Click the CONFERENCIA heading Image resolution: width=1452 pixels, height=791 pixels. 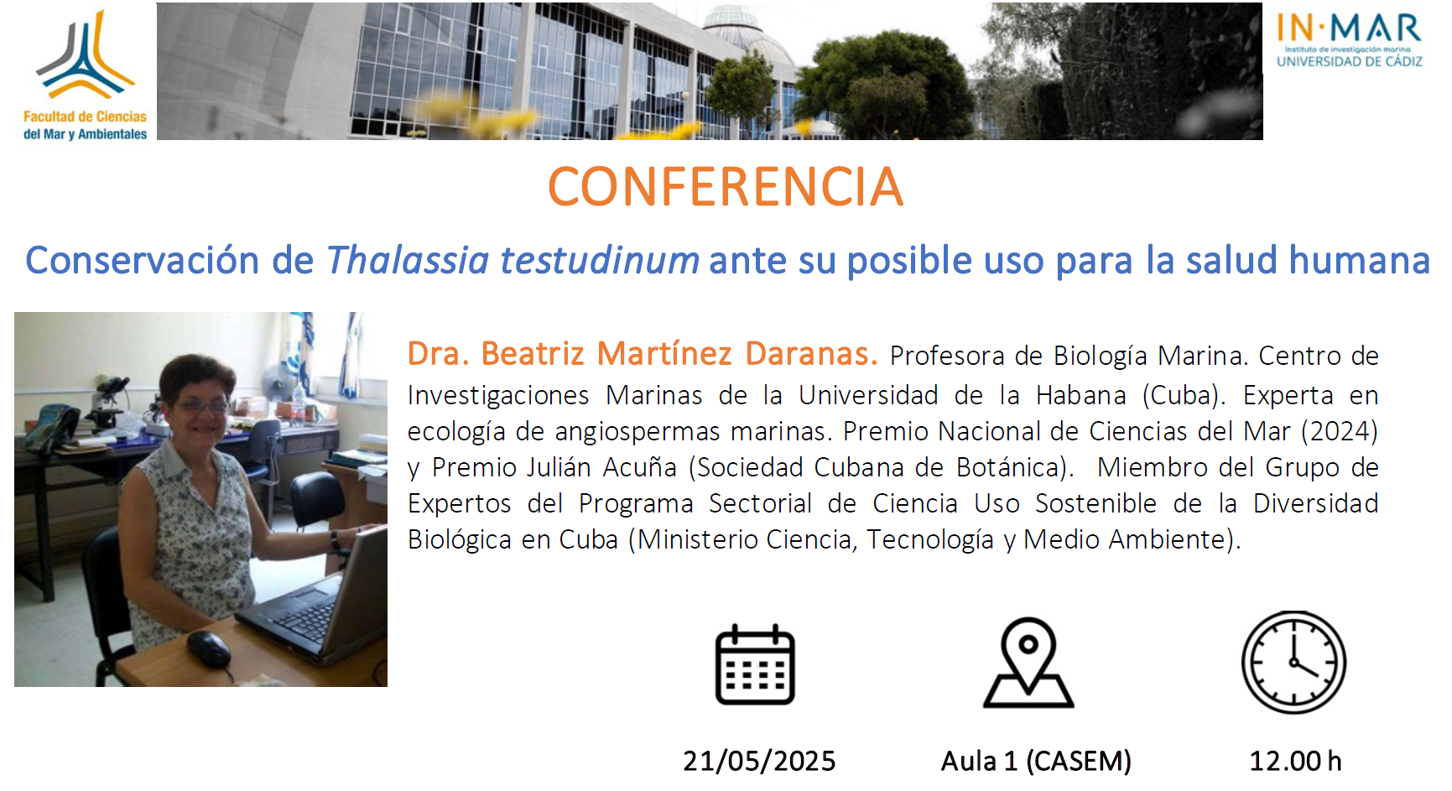[726, 186]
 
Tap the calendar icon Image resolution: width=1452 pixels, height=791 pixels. [755, 664]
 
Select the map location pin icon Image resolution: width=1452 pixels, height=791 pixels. [1028, 663]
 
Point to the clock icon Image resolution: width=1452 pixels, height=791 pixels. [1293, 663]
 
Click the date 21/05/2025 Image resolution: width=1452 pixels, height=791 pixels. [759, 761]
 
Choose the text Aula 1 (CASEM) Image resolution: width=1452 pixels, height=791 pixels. [1036, 761]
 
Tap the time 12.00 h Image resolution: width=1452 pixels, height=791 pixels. [1295, 761]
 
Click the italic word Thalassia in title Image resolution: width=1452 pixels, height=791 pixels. [408, 260]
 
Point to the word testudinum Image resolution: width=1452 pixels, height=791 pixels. [600, 260]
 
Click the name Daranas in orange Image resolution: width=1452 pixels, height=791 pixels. [811, 354]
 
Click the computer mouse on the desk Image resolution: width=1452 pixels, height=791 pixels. [209, 648]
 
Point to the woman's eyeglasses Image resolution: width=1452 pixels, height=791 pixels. [201, 407]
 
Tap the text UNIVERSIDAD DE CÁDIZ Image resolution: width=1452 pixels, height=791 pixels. [1349, 61]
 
